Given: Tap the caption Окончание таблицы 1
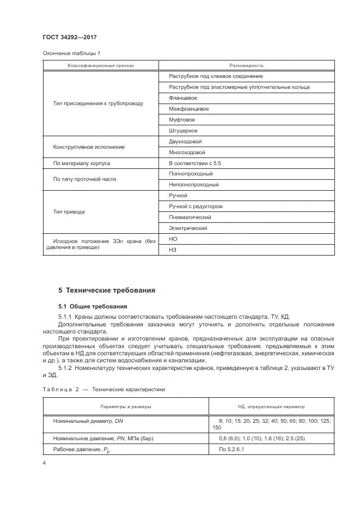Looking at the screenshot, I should coord(71,53).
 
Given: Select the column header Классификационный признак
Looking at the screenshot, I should coord(100,65).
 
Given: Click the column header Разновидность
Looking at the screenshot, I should coord(246,65).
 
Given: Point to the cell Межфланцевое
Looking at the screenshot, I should coord(188,109).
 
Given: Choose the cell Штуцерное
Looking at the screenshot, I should coord(183,131).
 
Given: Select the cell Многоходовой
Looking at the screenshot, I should coord(187,153).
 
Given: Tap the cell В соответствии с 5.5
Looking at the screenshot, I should coord(195,163).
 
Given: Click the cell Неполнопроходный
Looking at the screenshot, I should coord(193,185).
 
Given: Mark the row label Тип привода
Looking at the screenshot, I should coord(69,211).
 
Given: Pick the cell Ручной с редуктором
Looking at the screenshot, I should coord(196,207).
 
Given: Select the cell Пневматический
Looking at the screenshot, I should coord(191,217).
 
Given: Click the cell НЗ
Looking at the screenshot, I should coord(173,250).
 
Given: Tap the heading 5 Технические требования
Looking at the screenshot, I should coord(107,290).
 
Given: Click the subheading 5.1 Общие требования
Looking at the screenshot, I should coord(93,306).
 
